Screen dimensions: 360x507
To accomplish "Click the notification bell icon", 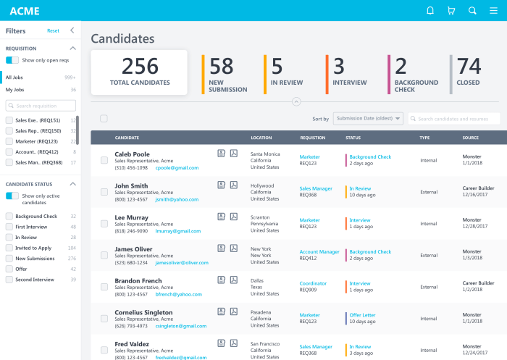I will coord(430,11).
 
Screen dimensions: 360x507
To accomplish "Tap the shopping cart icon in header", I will coord(451,11).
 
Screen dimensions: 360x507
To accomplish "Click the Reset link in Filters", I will coord(53,30).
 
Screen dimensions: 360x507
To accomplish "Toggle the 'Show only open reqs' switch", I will coord(12,60).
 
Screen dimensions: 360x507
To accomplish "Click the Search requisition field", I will coord(41,106).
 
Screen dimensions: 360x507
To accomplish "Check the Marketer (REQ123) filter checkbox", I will coord(9,141).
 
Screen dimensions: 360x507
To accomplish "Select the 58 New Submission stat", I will coord(227,75).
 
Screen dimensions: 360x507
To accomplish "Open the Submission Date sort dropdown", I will coord(368,119).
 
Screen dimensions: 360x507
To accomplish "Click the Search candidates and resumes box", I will coord(454,119).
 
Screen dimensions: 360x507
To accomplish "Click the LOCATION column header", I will coord(261,137).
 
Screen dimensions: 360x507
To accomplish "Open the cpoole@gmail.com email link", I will coord(177,167).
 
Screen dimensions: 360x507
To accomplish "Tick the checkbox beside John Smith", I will coord(104,191).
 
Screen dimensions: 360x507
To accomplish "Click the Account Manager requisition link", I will coord(319,252).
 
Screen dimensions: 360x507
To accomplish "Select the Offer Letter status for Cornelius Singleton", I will coord(364,315).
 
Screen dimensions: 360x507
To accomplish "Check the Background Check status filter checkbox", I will coord(9,216).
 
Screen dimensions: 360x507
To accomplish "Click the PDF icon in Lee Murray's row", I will coord(234,217).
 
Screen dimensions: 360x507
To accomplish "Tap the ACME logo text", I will coord(25,11).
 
